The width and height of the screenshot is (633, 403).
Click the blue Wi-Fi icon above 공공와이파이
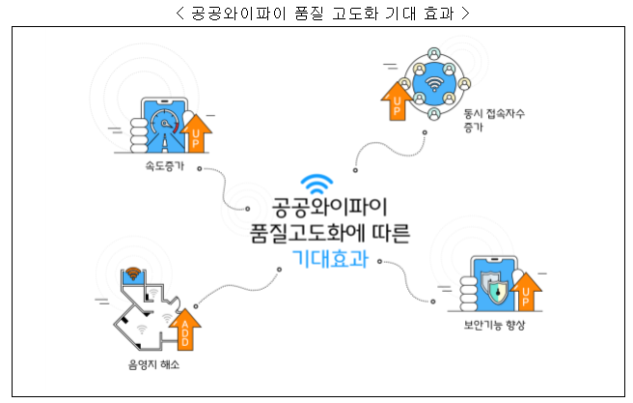coord(316,185)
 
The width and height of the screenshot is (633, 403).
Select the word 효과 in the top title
coord(432,14)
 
